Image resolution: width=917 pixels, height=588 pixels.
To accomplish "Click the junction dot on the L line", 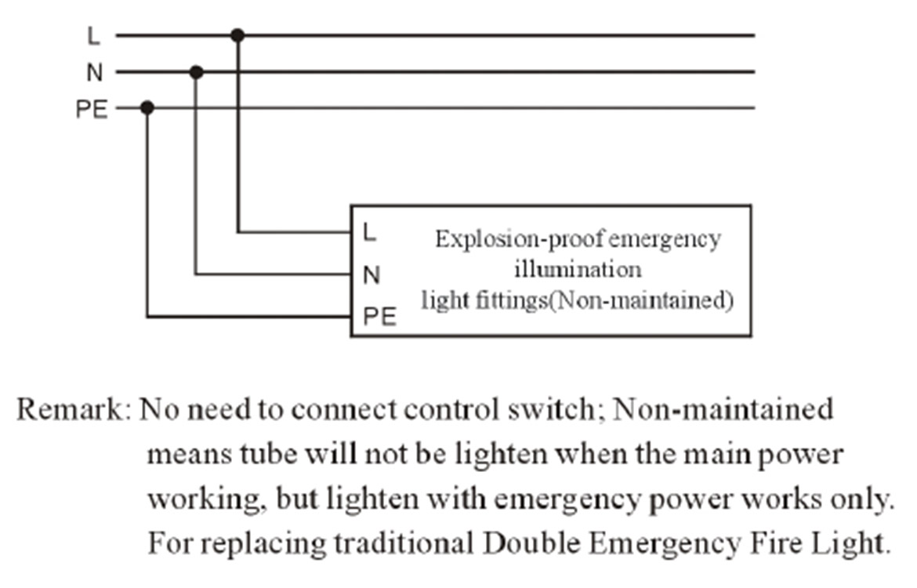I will pyautogui.click(x=237, y=35).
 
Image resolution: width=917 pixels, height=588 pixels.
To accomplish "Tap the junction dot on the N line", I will pyautogui.click(x=197, y=72).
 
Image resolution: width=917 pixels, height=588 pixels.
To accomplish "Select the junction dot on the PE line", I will pyautogui.click(x=147, y=108).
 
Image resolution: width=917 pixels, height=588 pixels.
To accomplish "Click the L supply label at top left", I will pyautogui.click(x=94, y=36).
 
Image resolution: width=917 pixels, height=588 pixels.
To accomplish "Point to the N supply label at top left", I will pyautogui.click(x=94, y=73).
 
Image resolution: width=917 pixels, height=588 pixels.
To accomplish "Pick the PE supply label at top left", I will pyautogui.click(x=91, y=109).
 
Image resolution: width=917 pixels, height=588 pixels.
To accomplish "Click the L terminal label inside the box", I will pyautogui.click(x=369, y=232).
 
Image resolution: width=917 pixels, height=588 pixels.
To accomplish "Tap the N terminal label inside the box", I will pyautogui.click(x=372, y=274).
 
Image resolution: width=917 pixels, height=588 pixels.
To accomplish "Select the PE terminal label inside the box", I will pyautogui.click(x=379, y=317).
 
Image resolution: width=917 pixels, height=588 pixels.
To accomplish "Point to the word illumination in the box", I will pyautogui.click(x=578, y=270).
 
